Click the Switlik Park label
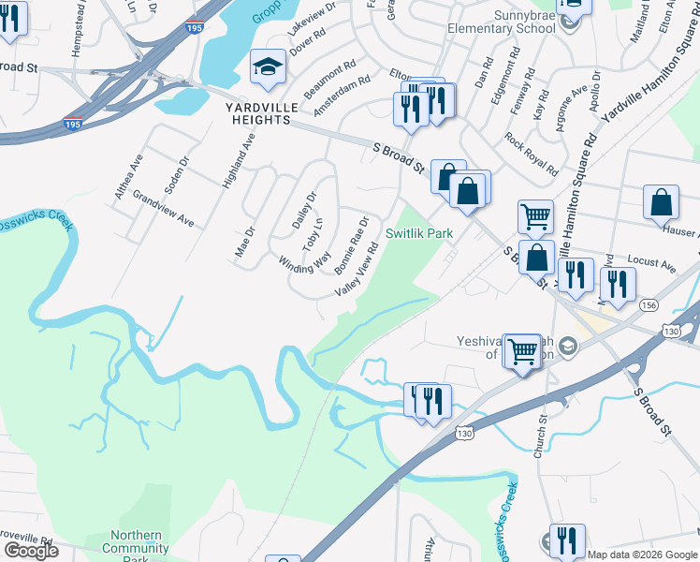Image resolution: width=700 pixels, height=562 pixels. click(x=419, y=233)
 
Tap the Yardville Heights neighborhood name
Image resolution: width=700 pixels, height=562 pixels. click(x=261, y=113)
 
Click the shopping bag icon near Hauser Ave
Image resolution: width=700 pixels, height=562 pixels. click(x=661, y=203)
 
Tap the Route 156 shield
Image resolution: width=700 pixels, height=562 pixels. click(x=648, y=305)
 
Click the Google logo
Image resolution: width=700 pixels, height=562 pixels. click(x=30, y=550)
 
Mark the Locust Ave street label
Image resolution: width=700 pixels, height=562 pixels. click(x=652, y=265)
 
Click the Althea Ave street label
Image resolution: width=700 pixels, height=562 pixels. click(x=128, y=176)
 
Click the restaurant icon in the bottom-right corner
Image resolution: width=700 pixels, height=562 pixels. click(x=566, y=541)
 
